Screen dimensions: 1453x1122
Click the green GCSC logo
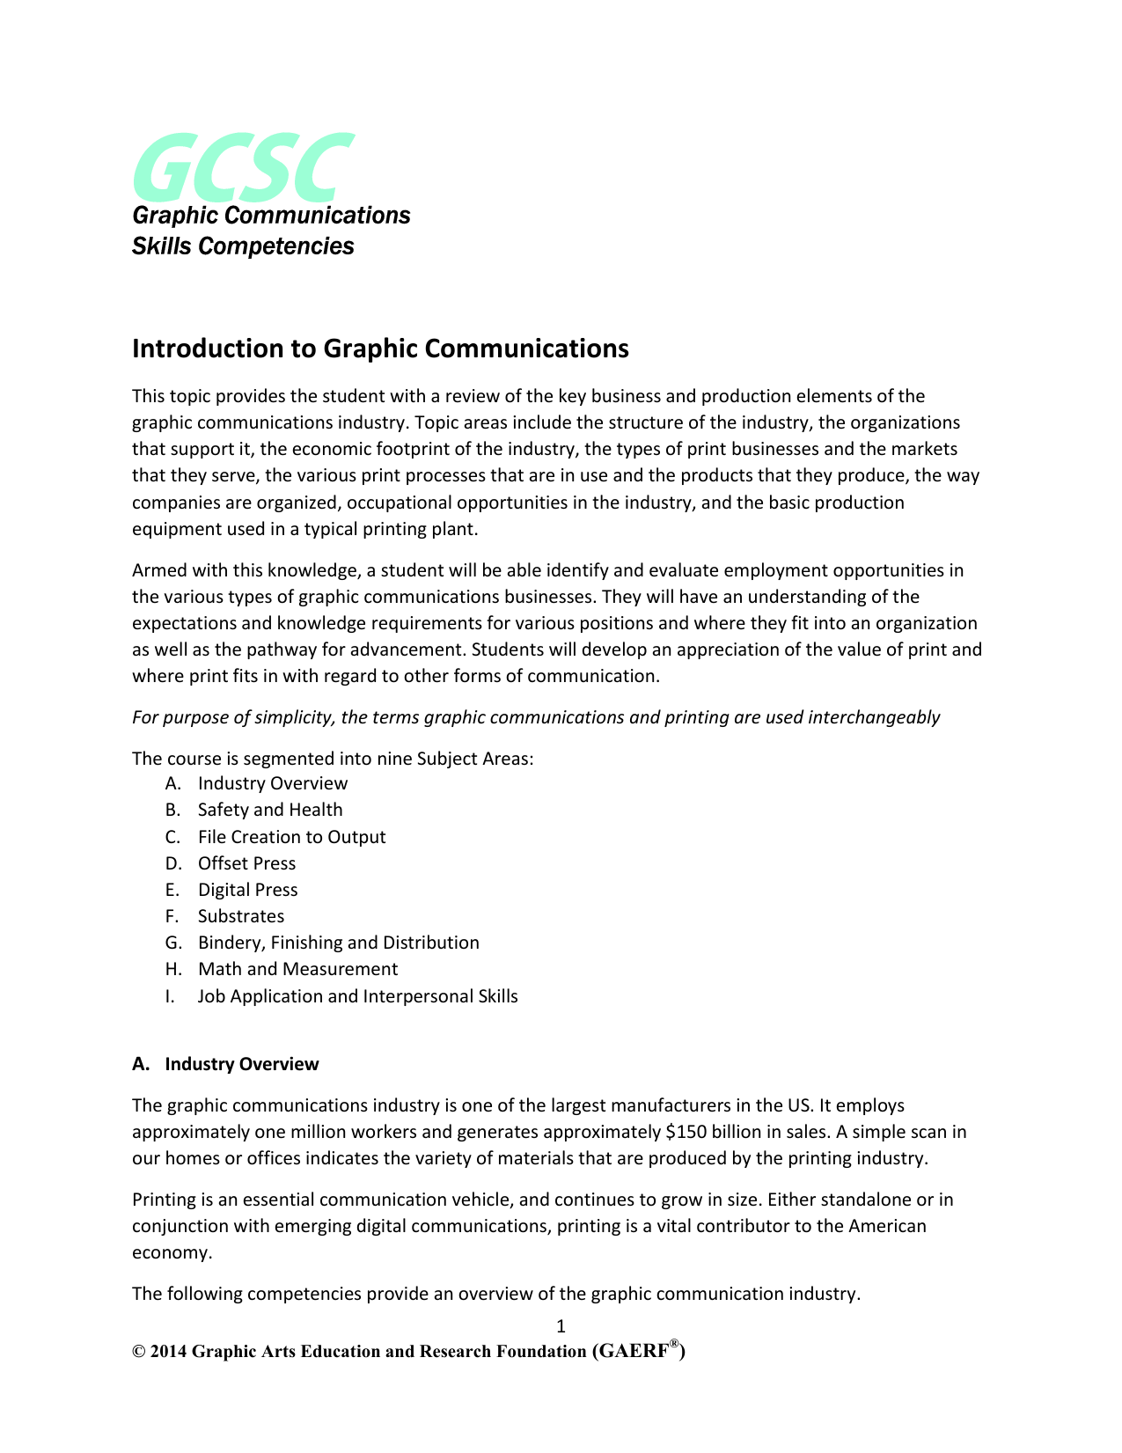pyautogui.click(x=243, y=166)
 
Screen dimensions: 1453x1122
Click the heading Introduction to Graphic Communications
pyautogui.click(x=380, y=349)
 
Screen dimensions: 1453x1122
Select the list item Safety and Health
pyautogui.click(x=270, y=810)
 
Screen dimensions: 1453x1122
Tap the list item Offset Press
pyautogui.click(x=246, y=863)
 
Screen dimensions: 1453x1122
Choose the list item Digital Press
pyautogui.click(x=247, y=890)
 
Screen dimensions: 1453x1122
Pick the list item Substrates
pyautogui.click(x=241, y=916)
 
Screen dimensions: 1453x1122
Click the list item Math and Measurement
pyautogui.click(x=297, y=969)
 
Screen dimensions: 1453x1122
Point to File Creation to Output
pyautogui.click(x=291, y=837)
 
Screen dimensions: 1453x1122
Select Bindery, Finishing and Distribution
pyautogui.click(x=338, y=943)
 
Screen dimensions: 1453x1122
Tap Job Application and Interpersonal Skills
pyautogui.click(x=357, y=996)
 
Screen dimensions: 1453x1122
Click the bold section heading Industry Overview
pyautogui.click(x=242, y=1064)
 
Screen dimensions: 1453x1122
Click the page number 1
pyautogui.click(x=561, y=1326)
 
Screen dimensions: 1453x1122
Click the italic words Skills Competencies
pyautogui.click(x=243, y=246)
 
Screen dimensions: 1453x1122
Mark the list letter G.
pyautogui.click(x=172, y=943)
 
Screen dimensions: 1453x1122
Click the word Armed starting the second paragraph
pyautogui.click(x=158, y=570)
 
